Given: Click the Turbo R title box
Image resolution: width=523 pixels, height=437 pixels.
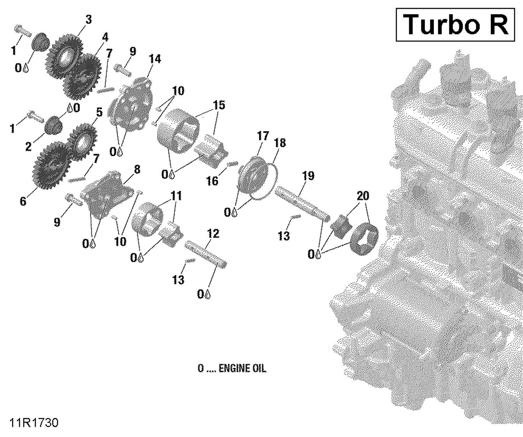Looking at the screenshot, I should (x=455, y=25).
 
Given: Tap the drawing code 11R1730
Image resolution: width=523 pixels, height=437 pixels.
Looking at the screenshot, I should (x=34, y=423).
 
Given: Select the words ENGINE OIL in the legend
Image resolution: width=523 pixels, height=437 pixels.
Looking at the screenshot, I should (x=242, y=368).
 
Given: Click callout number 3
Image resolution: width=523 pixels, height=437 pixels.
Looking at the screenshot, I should (x=89, y=19).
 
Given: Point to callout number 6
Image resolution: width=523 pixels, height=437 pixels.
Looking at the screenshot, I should (x=23, y=201).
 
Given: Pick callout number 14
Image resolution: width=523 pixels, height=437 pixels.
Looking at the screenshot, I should (x=155, y=59).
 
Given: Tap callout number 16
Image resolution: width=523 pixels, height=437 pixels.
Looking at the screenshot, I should (x=212, y=181).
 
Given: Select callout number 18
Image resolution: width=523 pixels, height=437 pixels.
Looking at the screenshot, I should (x=280, y=143).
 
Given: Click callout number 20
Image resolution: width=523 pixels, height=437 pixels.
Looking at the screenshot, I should (x=363, y=196).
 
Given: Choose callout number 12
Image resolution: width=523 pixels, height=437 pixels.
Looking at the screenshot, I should (x=213, y=233).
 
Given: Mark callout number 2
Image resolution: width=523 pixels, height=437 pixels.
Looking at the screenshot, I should (x=28, y=147).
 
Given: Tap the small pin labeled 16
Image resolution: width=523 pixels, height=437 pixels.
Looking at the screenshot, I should (x=232, y=164).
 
